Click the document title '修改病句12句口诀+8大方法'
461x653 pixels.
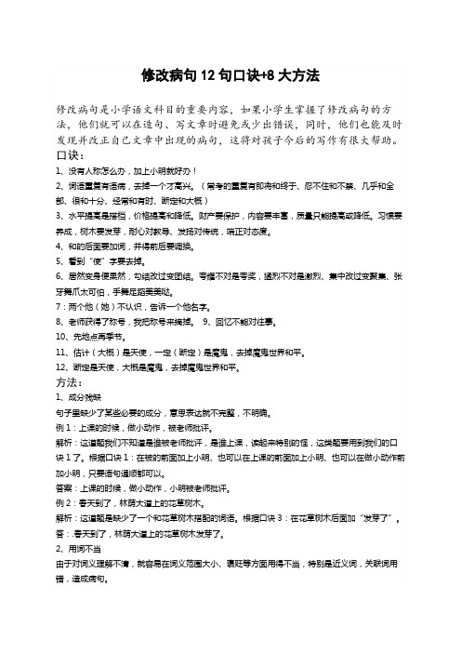pos(230,73)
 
